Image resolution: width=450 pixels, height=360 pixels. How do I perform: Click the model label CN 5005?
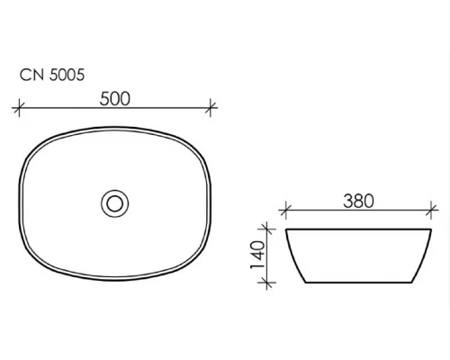click(x=52, y=75)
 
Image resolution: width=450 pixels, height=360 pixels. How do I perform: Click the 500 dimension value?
click(x=115, y=99)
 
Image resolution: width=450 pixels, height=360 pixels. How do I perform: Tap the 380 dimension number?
click(x=358, y=201)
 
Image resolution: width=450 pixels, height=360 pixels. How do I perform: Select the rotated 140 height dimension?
click(x=257, y=255)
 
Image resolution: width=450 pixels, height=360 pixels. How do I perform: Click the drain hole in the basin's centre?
click(x=115, y=203)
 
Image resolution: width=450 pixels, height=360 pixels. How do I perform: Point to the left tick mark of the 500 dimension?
click(x=19, y=107)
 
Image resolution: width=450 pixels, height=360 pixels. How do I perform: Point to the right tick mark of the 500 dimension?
click(x=211, y=107)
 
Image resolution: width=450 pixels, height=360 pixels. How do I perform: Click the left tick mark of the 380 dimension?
click(x=285, y=211)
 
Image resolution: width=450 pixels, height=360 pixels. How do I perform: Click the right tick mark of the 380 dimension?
click(x=431, y=211)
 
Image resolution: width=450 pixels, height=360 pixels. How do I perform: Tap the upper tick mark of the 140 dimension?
click(x=267, y=229)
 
